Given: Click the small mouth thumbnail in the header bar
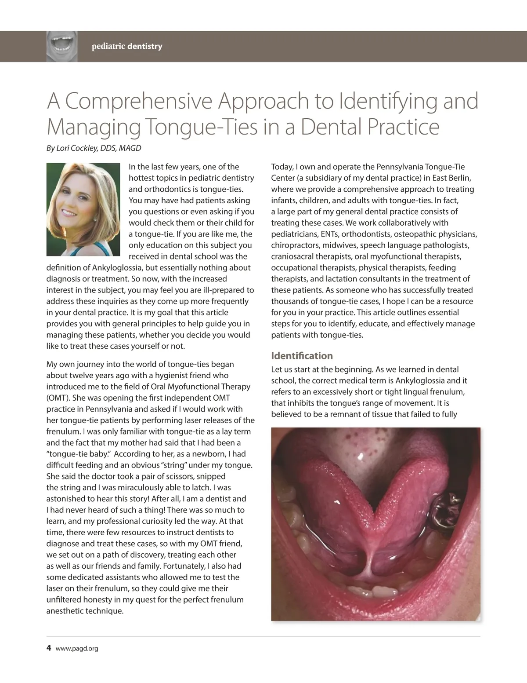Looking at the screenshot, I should pos(62,46).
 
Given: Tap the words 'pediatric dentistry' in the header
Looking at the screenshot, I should pos(127,46).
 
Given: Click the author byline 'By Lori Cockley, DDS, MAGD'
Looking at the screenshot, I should pos(94,148).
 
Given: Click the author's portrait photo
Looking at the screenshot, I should pos(83,209).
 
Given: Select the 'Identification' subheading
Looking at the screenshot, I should pos(302,356).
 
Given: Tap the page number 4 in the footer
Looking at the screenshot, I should pos(49,648).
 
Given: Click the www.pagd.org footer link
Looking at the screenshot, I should pos(77,648).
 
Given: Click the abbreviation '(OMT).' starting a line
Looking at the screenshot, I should pos(57,398).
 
